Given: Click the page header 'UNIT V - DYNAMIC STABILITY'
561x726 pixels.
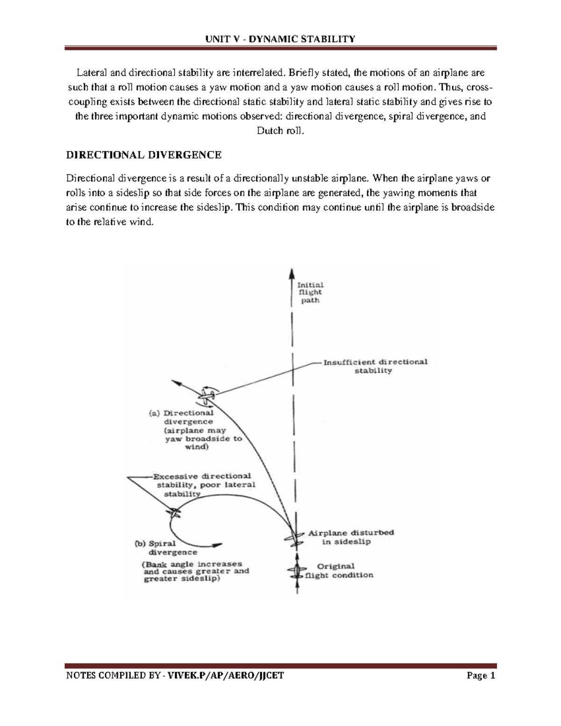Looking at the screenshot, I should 280,38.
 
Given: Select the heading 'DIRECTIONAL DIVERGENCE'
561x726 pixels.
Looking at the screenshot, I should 144,155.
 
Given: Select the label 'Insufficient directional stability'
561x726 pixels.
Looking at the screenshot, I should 375,366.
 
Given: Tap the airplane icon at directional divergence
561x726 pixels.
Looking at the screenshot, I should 206,396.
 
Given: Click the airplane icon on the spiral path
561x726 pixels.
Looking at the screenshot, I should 174,513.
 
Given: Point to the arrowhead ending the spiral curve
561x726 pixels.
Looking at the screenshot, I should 217,545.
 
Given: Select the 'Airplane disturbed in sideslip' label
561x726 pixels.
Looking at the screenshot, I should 351,537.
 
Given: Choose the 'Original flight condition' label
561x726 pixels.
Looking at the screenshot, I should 339,571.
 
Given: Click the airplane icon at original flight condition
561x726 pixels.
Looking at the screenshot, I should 296,571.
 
